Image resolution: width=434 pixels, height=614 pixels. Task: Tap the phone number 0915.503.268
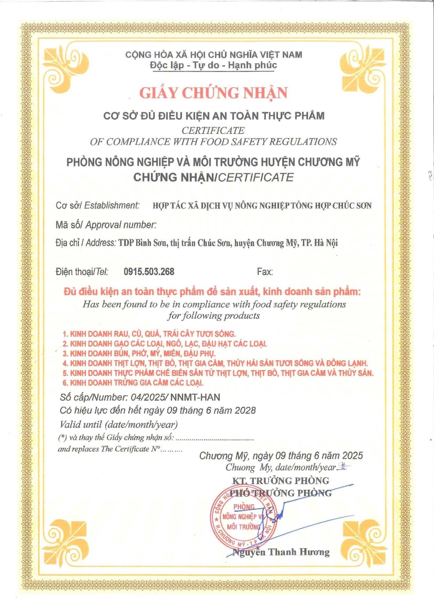[149, 272]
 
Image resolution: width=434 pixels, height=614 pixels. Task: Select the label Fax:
[265, 272]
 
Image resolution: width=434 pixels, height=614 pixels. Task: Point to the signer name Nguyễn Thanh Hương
[281, 552]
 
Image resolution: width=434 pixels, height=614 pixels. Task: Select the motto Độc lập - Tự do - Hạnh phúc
[213, 65]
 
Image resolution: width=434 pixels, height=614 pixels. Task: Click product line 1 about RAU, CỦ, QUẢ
[149, 334]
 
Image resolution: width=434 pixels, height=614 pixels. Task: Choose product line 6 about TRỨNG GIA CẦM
[133, 383]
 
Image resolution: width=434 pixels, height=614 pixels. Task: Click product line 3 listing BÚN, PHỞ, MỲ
[139, 353]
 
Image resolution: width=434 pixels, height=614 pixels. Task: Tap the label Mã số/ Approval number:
[106, 225]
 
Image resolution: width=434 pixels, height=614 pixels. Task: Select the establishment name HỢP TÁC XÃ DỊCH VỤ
[262, 206]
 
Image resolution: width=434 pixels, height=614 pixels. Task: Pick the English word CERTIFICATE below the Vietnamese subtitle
[213, 130]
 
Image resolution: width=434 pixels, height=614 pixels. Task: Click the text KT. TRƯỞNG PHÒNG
[280, 481]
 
